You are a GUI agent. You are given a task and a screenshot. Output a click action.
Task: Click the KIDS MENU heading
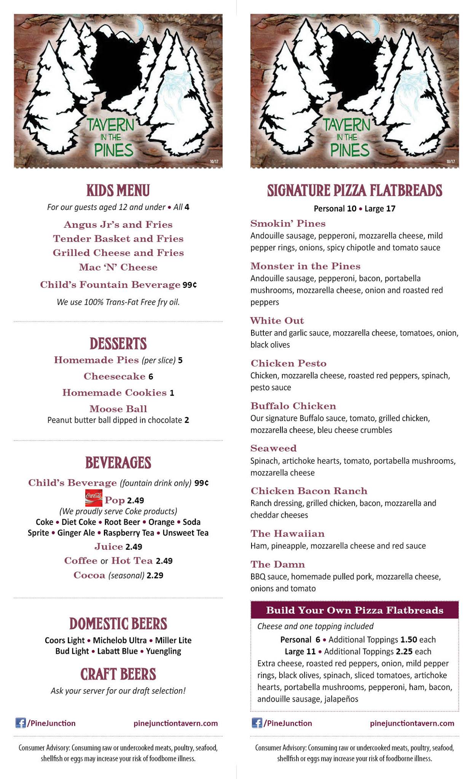[118, 191]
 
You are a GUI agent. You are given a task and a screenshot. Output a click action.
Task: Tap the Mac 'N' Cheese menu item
[118, 267]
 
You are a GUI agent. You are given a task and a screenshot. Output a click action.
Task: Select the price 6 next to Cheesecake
[151, 377]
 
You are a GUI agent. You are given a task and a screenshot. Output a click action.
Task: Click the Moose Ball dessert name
[118, 409]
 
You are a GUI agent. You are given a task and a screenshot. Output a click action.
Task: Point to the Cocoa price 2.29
[155, 576]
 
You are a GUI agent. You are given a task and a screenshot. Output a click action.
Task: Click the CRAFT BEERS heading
[118, 674]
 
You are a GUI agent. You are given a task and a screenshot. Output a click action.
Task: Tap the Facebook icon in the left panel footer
[21, 723]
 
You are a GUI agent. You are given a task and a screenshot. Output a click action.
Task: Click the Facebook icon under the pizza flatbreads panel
[257, 723]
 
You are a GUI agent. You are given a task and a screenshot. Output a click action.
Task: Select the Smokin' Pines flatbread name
[288, 223]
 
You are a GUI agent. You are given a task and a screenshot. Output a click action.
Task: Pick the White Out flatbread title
[277, 321]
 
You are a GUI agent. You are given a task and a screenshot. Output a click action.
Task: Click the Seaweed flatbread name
[273, 448]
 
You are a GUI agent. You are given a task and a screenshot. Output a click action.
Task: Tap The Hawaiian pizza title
[287, 534]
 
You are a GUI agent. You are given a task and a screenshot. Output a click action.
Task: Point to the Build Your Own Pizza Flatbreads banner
[355, 610]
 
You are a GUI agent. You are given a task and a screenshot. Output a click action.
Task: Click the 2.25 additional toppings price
[404, 652]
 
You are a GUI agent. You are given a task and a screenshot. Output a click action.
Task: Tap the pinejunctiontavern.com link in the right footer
[412, 723]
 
